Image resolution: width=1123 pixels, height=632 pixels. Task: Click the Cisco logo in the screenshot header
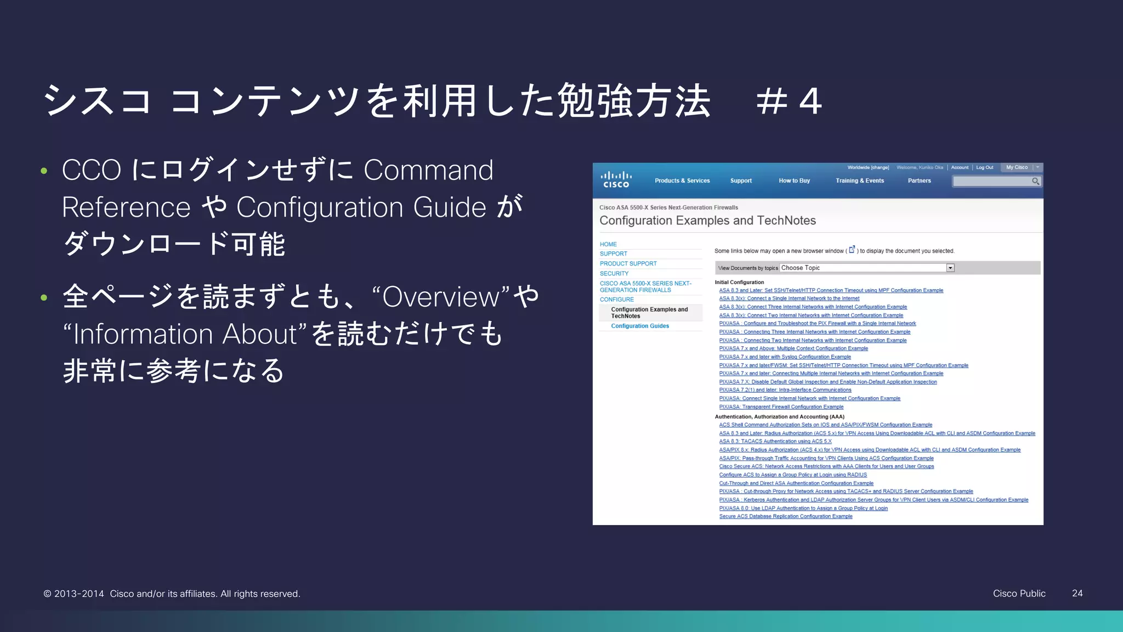(x=616, y=179)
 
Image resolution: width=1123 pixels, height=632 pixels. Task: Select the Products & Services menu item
(x=682, y=180)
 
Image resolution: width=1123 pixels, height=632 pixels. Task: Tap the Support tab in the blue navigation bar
(x=741, y=180)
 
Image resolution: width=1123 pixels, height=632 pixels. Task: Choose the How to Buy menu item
(x=794, y=180)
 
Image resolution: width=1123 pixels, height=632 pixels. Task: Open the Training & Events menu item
(x=859, y=180)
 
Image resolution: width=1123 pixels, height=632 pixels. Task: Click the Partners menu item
(x=919, y=180)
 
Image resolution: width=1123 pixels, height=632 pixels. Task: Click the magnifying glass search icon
(x=1035, y=181)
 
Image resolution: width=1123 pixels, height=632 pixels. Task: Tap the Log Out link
(x=984, y=167)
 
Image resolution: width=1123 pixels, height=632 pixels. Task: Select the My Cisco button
(x=1017, y=167)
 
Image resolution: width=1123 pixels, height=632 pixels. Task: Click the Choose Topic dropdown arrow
(x=950, y=268)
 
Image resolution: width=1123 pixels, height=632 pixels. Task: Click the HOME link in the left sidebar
(x=608, y=244)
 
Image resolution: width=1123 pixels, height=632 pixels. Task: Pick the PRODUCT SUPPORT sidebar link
(x=628, y=263)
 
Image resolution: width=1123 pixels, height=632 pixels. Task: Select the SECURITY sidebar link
(x=614, y=273)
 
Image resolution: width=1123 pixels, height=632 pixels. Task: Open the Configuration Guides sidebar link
(x=640, y=326)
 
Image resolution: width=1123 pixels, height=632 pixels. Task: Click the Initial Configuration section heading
(x=739, y=282)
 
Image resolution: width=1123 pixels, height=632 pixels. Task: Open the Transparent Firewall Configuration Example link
(x=781, y=407)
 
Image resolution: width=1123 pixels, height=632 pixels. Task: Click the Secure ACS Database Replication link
(x=786, y=516)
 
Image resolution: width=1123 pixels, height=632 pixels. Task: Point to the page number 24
(x=1077, y=593)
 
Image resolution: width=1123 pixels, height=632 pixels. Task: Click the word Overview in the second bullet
(x=441, y=297)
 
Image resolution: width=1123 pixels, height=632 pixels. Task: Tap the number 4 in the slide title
(x=810, y=101)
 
